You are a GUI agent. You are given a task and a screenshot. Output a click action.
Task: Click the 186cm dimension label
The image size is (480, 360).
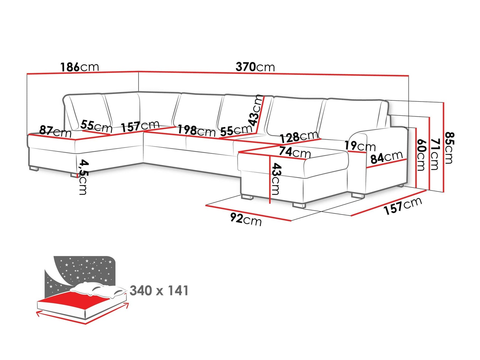click(x=80, y=67)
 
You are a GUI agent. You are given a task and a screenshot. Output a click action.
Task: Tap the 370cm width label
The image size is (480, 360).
click(x=255, y=67)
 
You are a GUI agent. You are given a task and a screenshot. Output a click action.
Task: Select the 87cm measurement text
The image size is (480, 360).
click(x=55, y=131)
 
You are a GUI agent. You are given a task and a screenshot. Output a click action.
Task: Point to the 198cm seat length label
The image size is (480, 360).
click(x=197, y=130)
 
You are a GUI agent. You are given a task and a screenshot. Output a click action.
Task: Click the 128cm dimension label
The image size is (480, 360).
click(x=299, y=137)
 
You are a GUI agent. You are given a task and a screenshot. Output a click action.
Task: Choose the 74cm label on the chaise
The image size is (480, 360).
click(x=295, y=152)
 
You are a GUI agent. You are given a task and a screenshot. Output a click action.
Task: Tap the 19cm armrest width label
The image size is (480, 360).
click(x=360, y=146)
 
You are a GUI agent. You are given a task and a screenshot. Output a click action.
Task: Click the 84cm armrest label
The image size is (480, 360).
click(x=387, y=157)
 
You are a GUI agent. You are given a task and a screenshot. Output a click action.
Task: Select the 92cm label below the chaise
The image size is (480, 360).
click(x=246, y=219)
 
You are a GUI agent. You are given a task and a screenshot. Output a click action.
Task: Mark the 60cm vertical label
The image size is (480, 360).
click(x=421, y=155)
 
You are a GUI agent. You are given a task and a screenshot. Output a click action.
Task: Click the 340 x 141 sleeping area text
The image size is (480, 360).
click(x=159, y=291)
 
